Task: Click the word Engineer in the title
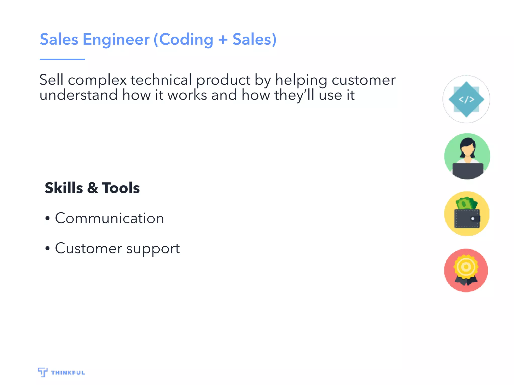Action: click(x=116, y=40)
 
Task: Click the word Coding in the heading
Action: click(x=186, y=40)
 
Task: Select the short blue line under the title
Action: click(x=62, y=59)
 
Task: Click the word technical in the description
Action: click(x=161, y=80)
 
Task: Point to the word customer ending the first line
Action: click(x=363, y=80)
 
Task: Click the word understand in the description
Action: click(x=78, y=95)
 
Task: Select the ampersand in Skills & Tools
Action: click(x=93, y=188)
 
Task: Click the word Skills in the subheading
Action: click(x=64, y=188)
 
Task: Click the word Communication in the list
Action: click(x=109, y=218)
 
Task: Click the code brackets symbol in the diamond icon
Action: click(x=466, y=100)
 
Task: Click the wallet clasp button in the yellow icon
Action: click(x=473, y=219)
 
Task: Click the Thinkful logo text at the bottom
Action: click(x=68, y=373)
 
